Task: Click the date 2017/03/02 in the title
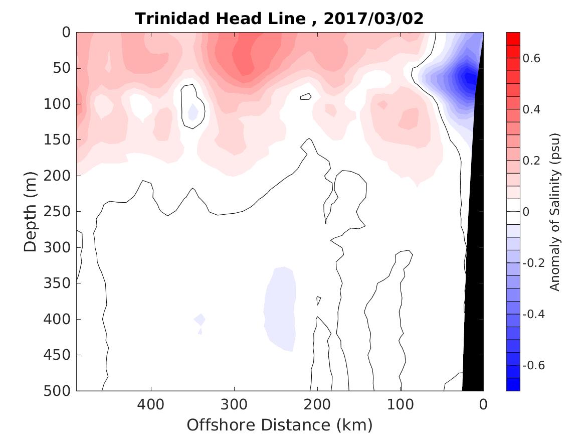[373, 19]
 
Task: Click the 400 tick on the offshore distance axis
[151, 403]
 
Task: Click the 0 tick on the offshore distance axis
[483, 403]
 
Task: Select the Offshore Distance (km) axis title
[280, 425]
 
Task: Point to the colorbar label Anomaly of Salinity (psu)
[554, 212]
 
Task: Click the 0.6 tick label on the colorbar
[532, 58]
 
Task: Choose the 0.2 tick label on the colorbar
[532, 161]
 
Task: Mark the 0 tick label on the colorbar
[526, 212]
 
